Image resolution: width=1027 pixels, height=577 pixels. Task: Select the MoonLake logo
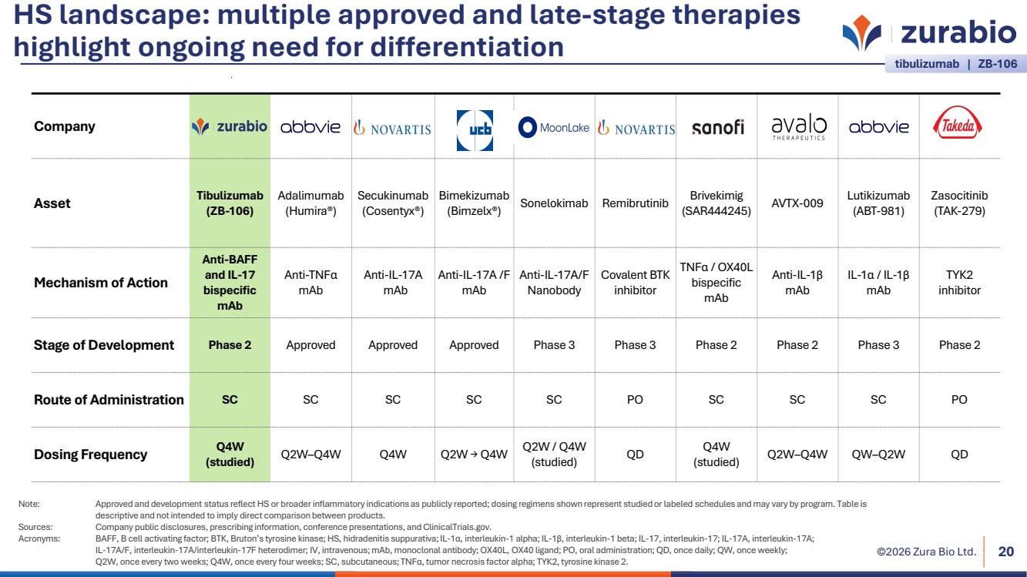(x=554, y=127)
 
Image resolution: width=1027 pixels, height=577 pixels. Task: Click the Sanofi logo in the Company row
(x=717, y=127)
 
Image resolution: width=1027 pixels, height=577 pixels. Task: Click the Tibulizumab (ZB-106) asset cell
(x=230, y=203)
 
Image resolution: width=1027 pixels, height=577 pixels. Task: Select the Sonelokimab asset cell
(x=554, y=203)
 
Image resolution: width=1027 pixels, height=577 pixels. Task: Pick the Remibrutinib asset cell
(x=635, y=203)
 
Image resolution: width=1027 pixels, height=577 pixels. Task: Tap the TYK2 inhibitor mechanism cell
(x=959, y=283)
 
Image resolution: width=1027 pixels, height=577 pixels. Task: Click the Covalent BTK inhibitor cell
(x=635, y=283)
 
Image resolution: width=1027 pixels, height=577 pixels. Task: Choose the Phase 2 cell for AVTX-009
(x=797, y=345)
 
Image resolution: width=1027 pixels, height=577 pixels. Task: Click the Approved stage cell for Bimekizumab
(x=474, y=345)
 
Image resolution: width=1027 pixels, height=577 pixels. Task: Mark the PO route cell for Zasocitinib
(x=959, y=400)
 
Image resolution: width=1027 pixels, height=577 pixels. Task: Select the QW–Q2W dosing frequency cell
(x=878, y=455)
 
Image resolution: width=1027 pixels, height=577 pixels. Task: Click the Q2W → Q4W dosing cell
(x=474, y=455)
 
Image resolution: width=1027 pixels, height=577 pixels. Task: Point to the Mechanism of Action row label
(x=101, y=283)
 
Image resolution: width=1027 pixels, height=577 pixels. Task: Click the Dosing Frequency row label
(x=90, y=455)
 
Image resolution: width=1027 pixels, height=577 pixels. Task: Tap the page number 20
(x=1005, y=552)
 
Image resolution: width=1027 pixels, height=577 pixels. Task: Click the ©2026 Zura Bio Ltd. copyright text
(x=927, y=552)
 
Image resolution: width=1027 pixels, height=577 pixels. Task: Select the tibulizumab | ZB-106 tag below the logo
(x=955, y=65)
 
